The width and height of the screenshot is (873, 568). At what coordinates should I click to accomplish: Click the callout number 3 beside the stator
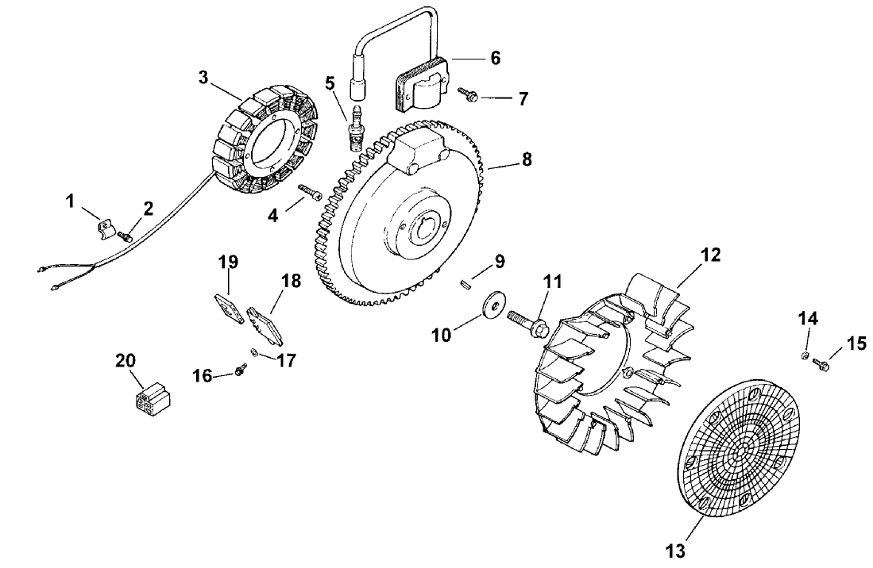[204, 77]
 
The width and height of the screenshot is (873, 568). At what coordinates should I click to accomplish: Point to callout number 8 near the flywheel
[526, 159]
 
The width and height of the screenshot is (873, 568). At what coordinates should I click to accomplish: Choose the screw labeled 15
[823, 366]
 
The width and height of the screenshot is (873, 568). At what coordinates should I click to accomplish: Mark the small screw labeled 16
[239, 370]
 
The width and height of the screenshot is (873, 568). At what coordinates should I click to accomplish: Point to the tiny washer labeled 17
[253, 352]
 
